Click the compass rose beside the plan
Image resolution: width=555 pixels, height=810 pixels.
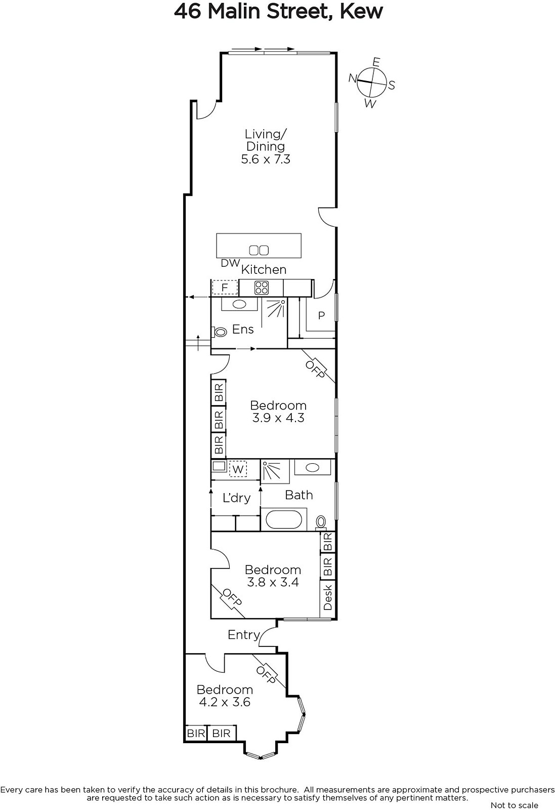coord(372,83)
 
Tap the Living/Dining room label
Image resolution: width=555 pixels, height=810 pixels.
coord(266,140)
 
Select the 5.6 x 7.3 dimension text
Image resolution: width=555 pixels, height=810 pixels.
coord(266,159)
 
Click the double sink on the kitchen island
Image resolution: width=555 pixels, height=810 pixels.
coord(259,250)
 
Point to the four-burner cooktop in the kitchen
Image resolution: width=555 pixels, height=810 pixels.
coord(261,288)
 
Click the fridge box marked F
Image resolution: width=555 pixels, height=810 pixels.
coord(225,288)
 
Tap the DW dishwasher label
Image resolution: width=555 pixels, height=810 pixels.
coord(230,263)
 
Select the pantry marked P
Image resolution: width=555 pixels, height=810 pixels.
coord(321,315)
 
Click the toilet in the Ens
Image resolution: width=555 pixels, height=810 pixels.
coord(220,332)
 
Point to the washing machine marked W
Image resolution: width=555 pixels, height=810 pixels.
coord(237,469)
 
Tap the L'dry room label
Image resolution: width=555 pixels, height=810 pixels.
coord(236,498)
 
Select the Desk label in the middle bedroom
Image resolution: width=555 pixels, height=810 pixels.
coord(327,598)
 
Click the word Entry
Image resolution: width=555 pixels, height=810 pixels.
coord(243,635)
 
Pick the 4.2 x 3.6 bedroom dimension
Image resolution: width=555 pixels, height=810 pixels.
coord(225,702)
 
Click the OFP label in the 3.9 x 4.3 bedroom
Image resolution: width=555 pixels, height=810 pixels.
coord(315,369)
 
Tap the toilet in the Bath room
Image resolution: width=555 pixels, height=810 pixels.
coord(320,522)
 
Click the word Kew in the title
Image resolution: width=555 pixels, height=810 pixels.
coord(361,12)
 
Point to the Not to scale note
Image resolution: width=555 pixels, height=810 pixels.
coord(514,805)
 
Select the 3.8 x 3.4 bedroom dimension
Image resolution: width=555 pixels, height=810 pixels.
coord(273,582)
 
